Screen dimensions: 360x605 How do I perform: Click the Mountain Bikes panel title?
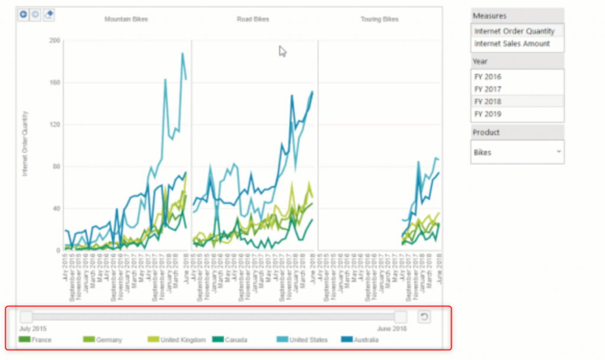coord(126,20)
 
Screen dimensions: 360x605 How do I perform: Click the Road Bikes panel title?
coord(253,20)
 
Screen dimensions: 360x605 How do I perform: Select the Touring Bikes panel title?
coord(379,20)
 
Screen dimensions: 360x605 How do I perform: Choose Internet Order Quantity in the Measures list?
coord(514,31)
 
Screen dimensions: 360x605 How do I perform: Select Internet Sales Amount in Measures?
coord(512,44)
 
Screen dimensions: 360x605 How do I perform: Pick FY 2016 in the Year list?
coord(487,77)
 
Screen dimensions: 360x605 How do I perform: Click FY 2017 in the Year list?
coord(487,89)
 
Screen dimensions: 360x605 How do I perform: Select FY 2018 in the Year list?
coord(487,102)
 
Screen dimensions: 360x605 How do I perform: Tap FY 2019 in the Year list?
coord(487,114)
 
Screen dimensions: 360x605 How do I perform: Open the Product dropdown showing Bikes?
coord(517,153)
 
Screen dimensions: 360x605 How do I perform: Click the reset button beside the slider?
coord(424,317)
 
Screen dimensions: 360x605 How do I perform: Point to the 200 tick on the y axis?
coord(55,41)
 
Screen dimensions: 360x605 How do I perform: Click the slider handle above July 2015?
coord(27,317)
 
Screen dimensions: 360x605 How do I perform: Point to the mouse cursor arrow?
coord(282,51)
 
